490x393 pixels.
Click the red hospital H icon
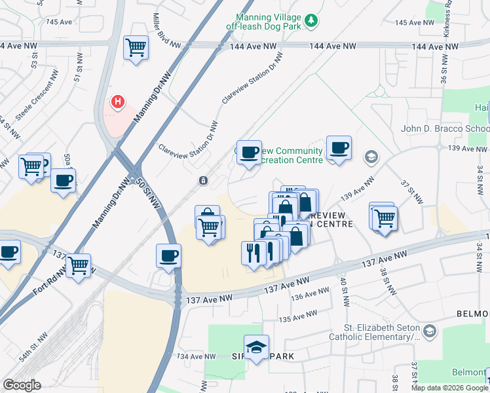tap(118, 102)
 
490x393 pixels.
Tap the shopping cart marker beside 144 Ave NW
tap(136, 47)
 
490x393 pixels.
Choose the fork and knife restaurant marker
tap(254, 253)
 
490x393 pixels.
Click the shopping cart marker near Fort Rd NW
tap(78, 265)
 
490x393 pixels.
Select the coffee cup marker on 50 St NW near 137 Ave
tap(168, 255)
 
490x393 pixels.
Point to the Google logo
tap(22, 385)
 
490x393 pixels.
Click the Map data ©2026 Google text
tap(449, 388)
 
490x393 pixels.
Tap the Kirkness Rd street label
tap(449, 12)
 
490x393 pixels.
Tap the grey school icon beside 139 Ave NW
tap(371, 157)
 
